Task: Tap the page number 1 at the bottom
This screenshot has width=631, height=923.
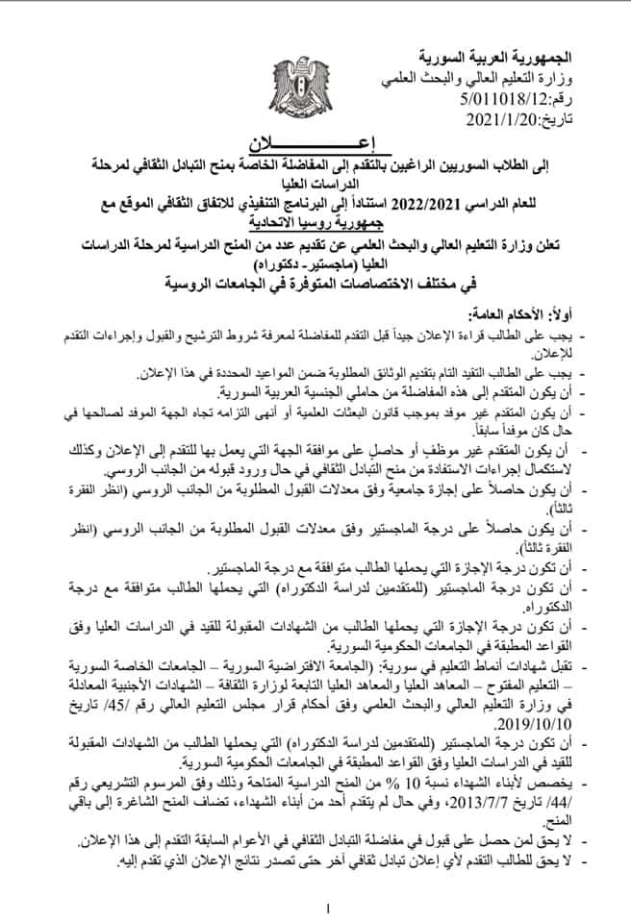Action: pos(327,909)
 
